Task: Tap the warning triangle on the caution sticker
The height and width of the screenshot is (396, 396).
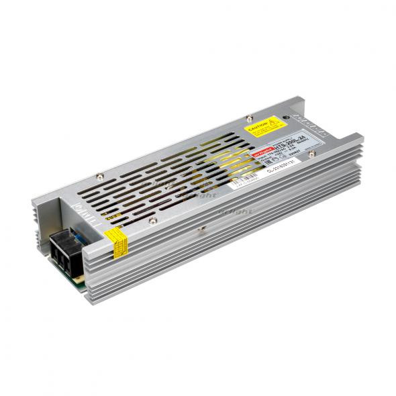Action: pos(273,123)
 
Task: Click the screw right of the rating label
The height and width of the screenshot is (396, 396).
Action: pos(312,154)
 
